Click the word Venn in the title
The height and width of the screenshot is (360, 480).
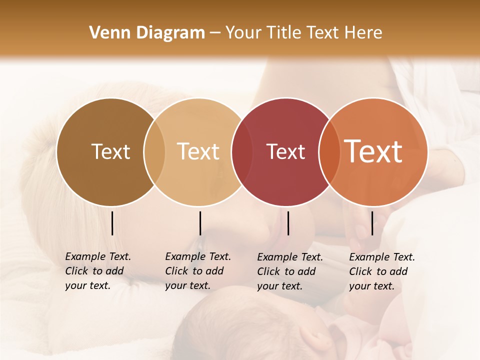105,33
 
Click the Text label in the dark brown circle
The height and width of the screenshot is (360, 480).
110,151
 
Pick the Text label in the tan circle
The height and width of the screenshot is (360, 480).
198,151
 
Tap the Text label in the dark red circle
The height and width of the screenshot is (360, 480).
285,151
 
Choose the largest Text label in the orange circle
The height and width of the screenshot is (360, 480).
373,151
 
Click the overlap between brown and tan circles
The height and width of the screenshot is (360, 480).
154,152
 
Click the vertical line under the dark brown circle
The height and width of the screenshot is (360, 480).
112,223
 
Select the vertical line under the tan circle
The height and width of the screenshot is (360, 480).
200,223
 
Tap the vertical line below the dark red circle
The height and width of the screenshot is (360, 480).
288,223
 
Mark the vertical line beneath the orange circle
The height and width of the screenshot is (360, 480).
372,223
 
